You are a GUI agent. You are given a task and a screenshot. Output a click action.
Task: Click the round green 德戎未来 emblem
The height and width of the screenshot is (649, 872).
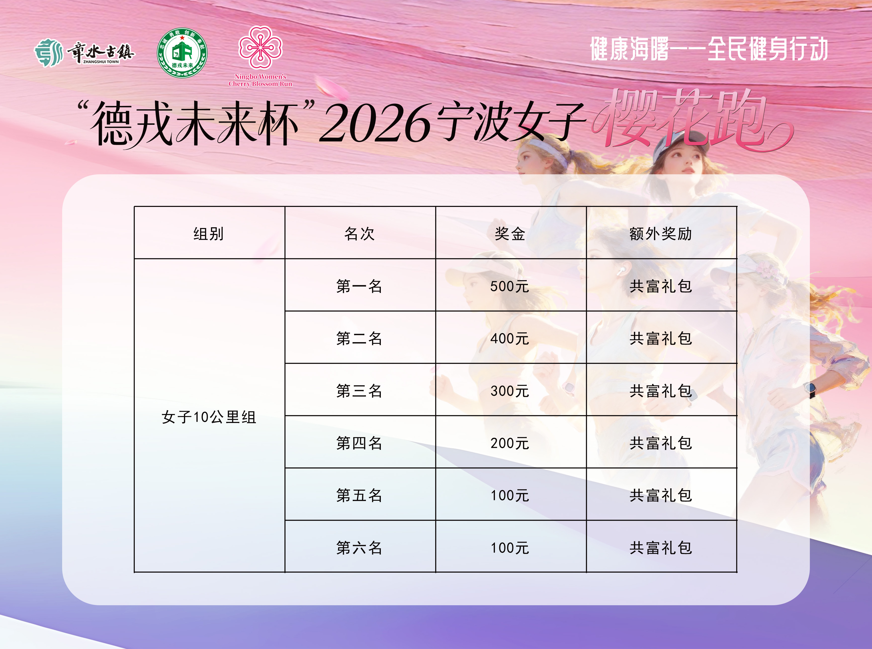tap(182, 53)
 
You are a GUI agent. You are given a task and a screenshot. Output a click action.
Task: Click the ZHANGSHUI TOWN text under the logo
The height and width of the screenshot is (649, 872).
tap(101, 62)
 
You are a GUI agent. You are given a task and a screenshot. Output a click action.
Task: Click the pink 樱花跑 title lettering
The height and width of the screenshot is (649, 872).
tap(691, 120)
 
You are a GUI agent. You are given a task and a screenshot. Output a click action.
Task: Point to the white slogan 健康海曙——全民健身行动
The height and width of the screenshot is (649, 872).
tap(709, 49)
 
